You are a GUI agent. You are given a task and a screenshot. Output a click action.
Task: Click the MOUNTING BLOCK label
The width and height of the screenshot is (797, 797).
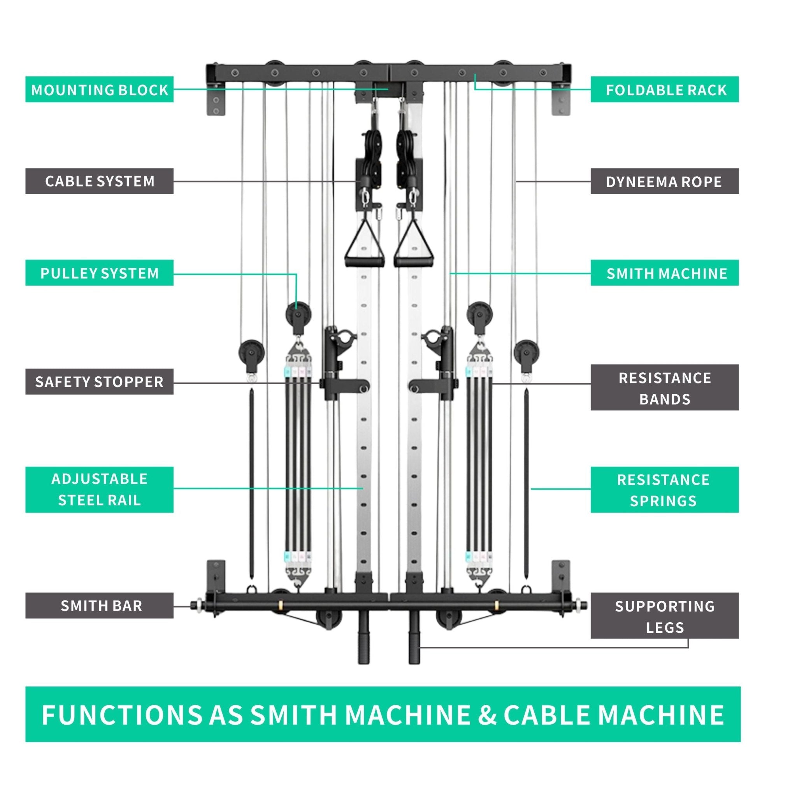point(99,90)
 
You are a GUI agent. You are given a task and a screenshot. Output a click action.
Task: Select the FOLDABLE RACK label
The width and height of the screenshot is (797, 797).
point(665,90)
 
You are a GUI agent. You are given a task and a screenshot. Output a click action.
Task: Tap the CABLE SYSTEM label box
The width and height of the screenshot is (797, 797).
point(99,181)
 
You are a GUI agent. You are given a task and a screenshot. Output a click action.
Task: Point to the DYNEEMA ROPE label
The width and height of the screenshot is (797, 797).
point(665,181)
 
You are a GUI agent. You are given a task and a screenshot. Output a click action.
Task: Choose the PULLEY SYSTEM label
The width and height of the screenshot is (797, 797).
point(99,273)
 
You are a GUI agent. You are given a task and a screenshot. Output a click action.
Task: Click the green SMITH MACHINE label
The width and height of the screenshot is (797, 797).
point(665,273)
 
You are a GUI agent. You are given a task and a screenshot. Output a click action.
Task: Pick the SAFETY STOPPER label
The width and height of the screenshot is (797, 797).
point(99,382)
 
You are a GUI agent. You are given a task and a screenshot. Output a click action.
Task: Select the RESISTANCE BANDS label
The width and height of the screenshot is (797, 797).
point(665,388)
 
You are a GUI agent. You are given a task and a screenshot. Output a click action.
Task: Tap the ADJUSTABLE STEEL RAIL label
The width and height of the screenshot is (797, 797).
point(99,490)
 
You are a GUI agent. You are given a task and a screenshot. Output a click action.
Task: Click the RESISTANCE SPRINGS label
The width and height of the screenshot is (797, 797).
point(665,490)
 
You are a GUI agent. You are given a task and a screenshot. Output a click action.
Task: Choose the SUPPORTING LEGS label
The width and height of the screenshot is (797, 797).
point(665,616)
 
